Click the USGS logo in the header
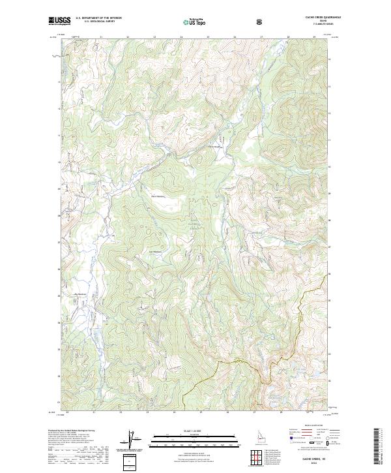[60, 20]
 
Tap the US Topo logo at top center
[194, 21]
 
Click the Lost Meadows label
[156, 253]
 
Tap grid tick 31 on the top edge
[102, 37]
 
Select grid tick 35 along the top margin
[208, 37]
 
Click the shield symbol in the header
[261, 21]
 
